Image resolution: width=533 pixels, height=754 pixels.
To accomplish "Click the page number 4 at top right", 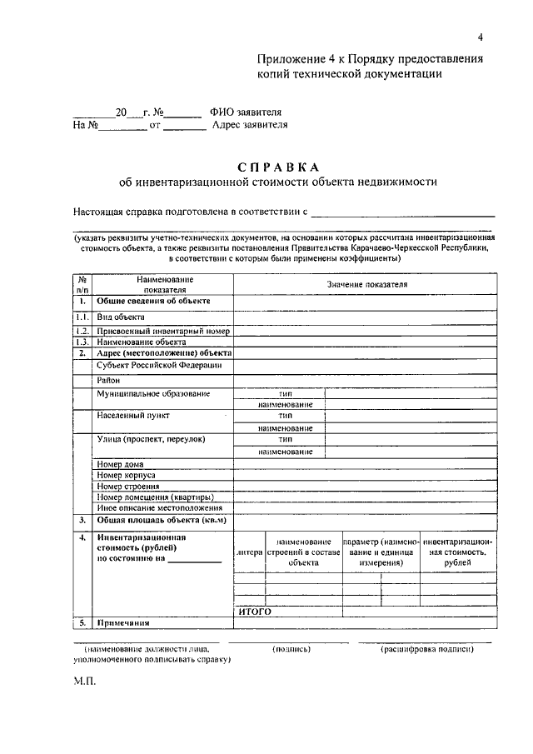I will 481,37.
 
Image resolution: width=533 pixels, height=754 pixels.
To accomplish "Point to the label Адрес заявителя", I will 250,126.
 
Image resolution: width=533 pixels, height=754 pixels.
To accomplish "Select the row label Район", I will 109,380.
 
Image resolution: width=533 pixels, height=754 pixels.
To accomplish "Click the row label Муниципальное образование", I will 152,393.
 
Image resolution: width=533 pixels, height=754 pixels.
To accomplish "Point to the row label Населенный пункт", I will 133,414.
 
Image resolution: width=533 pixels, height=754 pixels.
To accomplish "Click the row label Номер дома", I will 121,464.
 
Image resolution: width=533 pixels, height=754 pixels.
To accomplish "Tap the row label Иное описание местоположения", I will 159,507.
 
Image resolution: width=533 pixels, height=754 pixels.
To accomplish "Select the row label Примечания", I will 122,622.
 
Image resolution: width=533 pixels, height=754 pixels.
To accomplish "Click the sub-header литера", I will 249,552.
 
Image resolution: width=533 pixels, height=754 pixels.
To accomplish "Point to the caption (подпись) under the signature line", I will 291,647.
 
